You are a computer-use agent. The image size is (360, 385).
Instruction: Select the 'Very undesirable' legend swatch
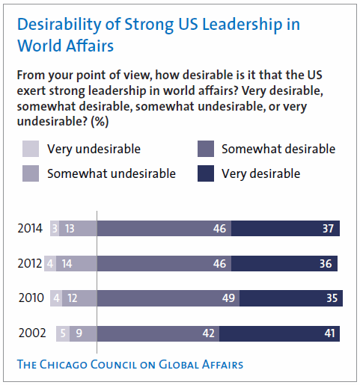click(31, 149)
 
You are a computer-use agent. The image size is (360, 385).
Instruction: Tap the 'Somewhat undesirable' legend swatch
click(31, 173)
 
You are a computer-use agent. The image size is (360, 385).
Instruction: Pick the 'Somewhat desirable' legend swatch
click(206, 149)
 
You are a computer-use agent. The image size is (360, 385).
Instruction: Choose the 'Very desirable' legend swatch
click(206, 173)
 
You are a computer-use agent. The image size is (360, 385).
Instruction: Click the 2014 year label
click(30, 229)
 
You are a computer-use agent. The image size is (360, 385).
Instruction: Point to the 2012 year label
click(30, 264)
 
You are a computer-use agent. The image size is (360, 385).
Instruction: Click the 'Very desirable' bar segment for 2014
click(285, 229)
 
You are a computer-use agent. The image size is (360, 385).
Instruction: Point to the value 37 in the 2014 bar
click(328, 229)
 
